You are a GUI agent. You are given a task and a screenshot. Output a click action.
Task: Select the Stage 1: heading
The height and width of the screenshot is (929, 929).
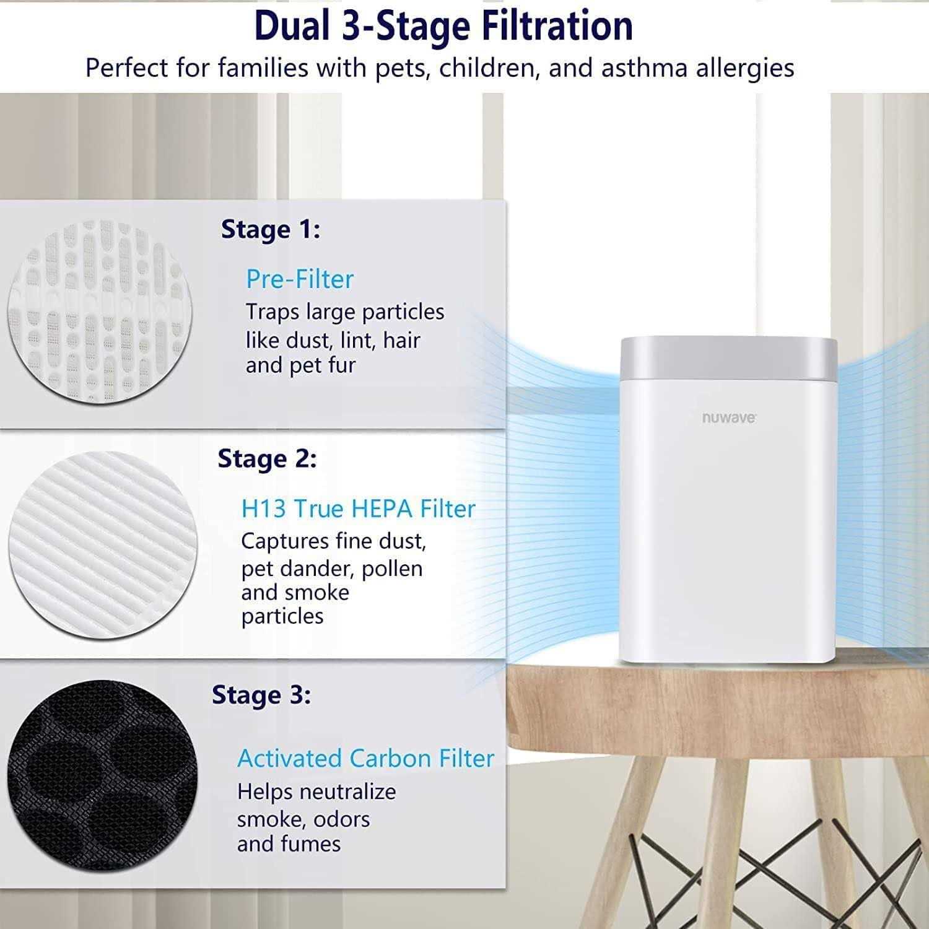(271, 230)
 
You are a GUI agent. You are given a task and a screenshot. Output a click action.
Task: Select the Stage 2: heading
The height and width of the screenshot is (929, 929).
(267, 459)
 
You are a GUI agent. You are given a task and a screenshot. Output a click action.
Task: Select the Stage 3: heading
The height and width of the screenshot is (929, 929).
(261, 695)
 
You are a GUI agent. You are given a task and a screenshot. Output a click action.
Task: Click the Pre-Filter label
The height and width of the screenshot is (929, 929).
(300, 279)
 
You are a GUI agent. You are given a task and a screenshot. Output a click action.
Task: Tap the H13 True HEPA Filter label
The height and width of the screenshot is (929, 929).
(358, 509)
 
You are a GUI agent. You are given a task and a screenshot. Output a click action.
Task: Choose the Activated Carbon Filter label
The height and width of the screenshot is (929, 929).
(365, 759)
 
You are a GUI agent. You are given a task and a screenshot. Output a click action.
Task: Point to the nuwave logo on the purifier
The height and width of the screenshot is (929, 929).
(729, 418)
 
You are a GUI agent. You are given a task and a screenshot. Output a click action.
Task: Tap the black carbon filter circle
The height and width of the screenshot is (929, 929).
(102, 777)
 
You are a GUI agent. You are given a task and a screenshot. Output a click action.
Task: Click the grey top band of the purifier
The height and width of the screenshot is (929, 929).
(728, 359)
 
